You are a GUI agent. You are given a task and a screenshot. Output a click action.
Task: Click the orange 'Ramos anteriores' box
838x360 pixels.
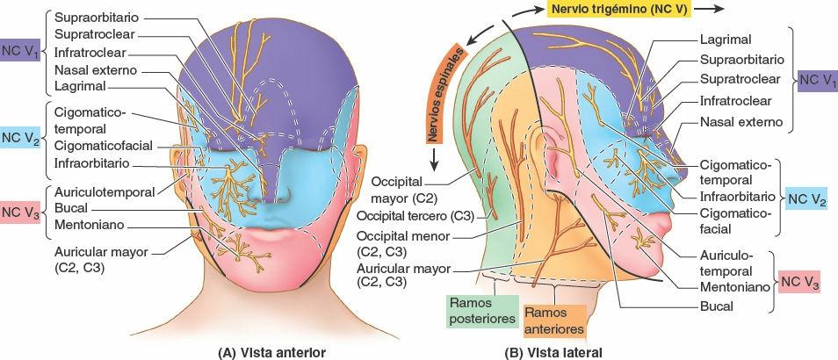553,320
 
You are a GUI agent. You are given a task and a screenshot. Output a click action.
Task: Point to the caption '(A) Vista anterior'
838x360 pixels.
271,351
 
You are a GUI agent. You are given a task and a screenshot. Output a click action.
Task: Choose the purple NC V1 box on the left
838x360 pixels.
20,50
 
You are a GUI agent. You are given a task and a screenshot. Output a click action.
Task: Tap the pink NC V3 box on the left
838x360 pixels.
20,211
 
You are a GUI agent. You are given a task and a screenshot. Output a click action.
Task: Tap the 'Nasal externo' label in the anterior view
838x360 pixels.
93,69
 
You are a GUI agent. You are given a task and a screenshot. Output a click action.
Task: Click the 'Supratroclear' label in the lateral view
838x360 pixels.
740,79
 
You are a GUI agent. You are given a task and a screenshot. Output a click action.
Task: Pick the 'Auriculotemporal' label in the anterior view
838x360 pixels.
104,191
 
